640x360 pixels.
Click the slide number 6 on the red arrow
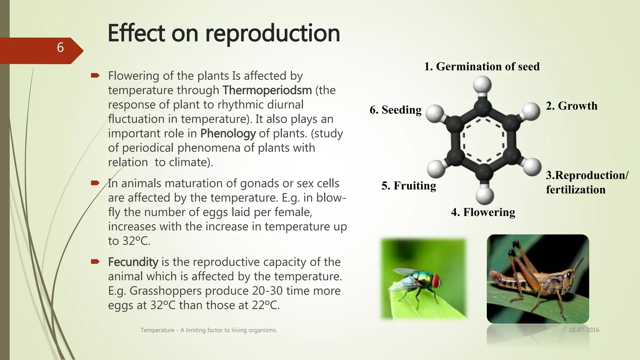point(60,48)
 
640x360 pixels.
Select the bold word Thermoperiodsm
point(267,90)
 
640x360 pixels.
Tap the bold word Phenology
point(228,133)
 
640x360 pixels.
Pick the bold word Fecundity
point(133,262)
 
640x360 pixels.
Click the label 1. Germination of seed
point(482,67)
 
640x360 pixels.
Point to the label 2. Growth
point(572,106)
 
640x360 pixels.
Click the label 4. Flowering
point(483,212)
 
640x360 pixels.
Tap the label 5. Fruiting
point(408,186)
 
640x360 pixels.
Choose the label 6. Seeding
point(395,110)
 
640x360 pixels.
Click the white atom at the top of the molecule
point(482,85)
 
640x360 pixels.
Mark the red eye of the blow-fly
point(436,280)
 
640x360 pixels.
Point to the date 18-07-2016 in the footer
point(584,330)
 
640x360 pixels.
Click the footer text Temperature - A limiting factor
point(209,330)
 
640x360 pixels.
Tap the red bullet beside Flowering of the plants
point(95,75)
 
